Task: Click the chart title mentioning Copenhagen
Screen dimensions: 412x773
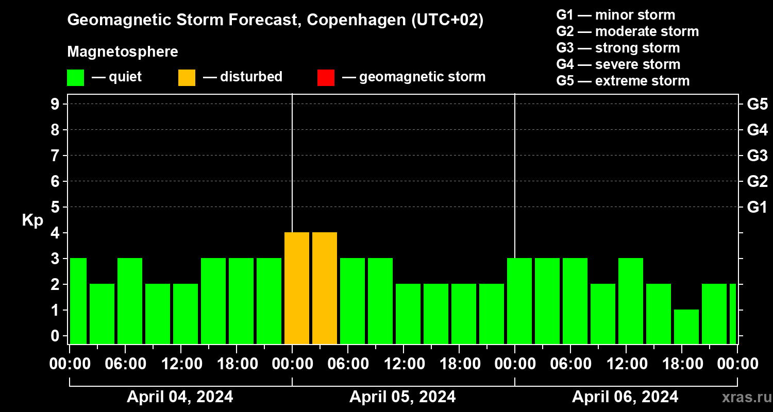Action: click(275, 20)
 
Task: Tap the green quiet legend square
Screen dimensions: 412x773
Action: click(75, 78)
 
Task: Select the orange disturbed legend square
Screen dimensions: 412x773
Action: click(187, 78)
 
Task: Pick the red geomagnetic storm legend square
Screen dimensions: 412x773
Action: click(326, 78)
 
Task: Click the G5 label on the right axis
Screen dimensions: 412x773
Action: click(757, 104)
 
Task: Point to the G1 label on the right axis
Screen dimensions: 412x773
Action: click(757, 208)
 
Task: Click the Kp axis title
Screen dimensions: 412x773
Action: click(32, 220)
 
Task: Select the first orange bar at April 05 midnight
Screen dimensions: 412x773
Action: click(297, 288)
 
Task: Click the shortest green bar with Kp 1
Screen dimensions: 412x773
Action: click(686, 327)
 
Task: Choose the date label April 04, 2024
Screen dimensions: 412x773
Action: click(180, 397)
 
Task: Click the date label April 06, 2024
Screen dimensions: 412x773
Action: click(625, 397)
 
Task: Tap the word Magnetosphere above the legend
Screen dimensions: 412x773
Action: click(123, 52)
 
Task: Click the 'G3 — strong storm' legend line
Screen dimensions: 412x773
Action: click(618, 48)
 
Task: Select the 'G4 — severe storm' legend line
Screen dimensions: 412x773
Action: click(618, 64)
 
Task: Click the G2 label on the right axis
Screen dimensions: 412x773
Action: click(757, 181)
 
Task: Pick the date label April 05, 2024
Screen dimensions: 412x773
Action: click(402, 397)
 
